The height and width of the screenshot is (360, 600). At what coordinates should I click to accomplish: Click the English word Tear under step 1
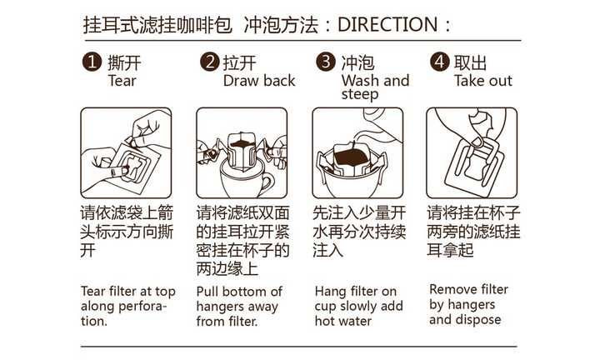(x=122, y=81)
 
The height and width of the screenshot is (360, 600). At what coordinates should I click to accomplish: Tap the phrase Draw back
(x=259, y=81)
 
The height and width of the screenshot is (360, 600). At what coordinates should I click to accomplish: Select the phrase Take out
(x=483, y=81)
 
